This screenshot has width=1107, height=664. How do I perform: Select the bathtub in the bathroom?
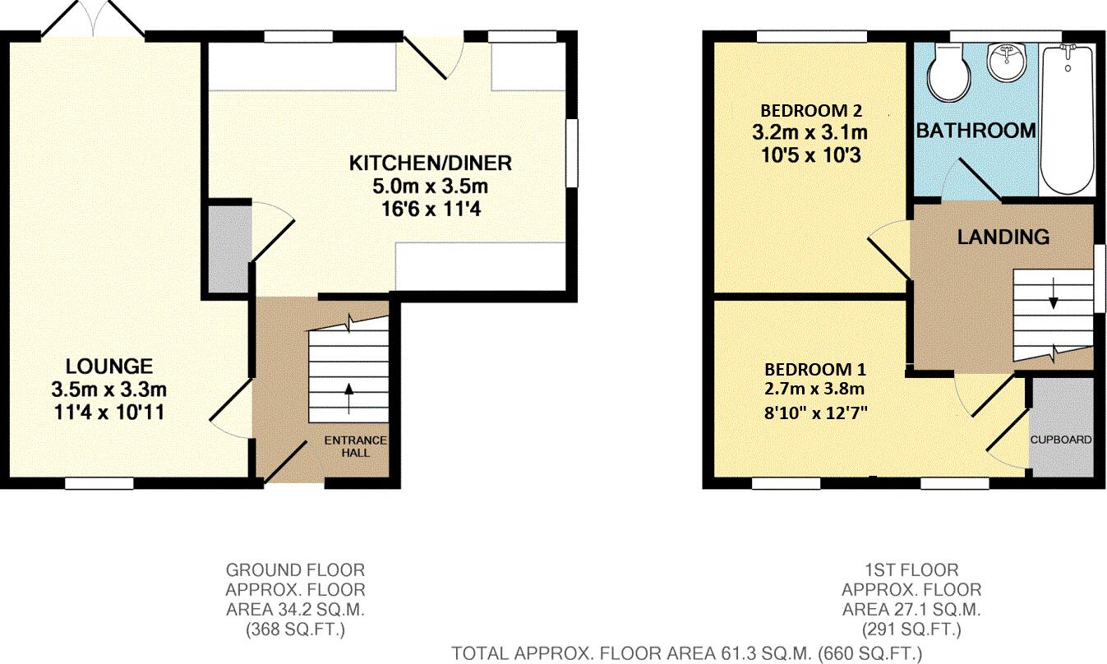(x=1066, y=119)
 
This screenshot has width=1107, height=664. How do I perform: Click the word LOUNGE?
(x=109, y=366)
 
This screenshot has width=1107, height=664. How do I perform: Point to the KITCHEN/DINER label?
(x=431, y=163)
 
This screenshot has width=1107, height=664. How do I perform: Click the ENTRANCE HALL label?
(x=355, y=446)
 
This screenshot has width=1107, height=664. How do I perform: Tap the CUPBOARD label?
(x=1062, y=440)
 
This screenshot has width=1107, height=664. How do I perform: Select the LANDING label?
(x=1003, y=237)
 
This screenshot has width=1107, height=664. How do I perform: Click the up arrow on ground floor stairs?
(x=348, y=399)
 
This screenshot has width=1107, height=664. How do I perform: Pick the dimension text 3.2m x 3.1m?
(x=809, y=131)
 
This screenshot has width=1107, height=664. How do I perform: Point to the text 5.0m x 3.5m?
(x=431, y=186)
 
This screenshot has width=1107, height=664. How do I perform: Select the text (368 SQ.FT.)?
(x=295, y=630)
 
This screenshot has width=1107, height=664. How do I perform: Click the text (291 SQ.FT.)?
(x=911, y=630)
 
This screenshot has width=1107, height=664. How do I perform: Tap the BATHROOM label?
(x=976, y=131)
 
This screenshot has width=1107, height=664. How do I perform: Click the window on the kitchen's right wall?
(x=573, y=154)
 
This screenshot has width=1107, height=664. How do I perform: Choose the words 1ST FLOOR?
(x=911, y=569)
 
